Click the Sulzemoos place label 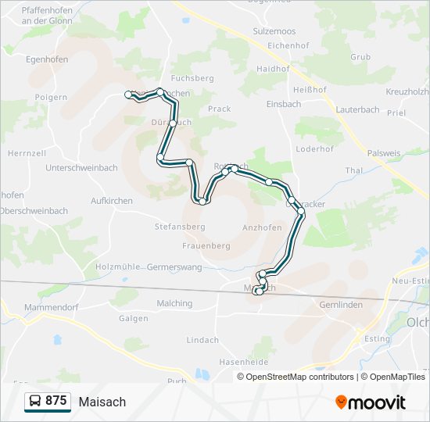[x=274, y=31]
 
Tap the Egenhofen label [x=47, y=59]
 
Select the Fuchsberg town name [x=192, y=79]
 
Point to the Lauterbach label [x=357, y=111]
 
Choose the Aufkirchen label [x=112, y=201]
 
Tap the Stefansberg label [x=180, y=227]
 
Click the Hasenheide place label [x=244, y=363]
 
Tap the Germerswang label [x=174, y=267]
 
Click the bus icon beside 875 [x=35, y=401]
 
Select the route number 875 [x=56, y=401]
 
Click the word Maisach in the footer [x=102, y=402]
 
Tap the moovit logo [x=371, y=402]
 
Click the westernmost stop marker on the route [x=130, y=95]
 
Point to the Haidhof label [x=273, y=69]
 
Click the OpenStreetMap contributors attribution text [x=300, y=377]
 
